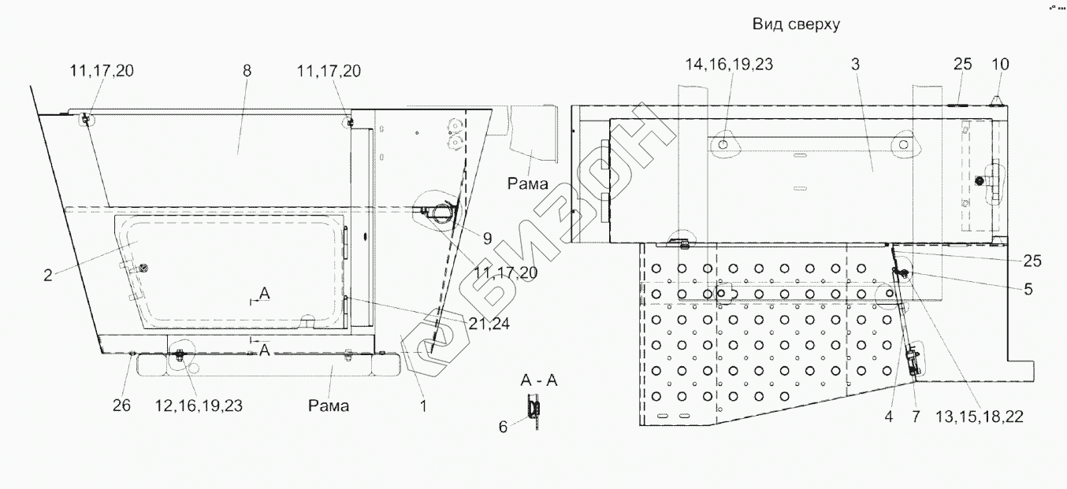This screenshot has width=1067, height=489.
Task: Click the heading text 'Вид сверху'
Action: [796, 24]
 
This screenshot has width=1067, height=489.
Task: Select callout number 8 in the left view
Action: [247, 71]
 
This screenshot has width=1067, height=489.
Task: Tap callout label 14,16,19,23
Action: [729, 65]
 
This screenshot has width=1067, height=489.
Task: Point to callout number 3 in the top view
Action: [856, 65]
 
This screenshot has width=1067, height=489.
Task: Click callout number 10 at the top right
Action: [1000, 65]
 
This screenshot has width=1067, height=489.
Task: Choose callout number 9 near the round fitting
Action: [487, 239]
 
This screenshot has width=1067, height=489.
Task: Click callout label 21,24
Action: [489, 324]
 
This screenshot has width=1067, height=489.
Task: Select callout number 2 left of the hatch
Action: [47, 276]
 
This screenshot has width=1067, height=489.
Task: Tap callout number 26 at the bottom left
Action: [121, 406]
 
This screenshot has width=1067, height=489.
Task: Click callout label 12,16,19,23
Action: [199, 406]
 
